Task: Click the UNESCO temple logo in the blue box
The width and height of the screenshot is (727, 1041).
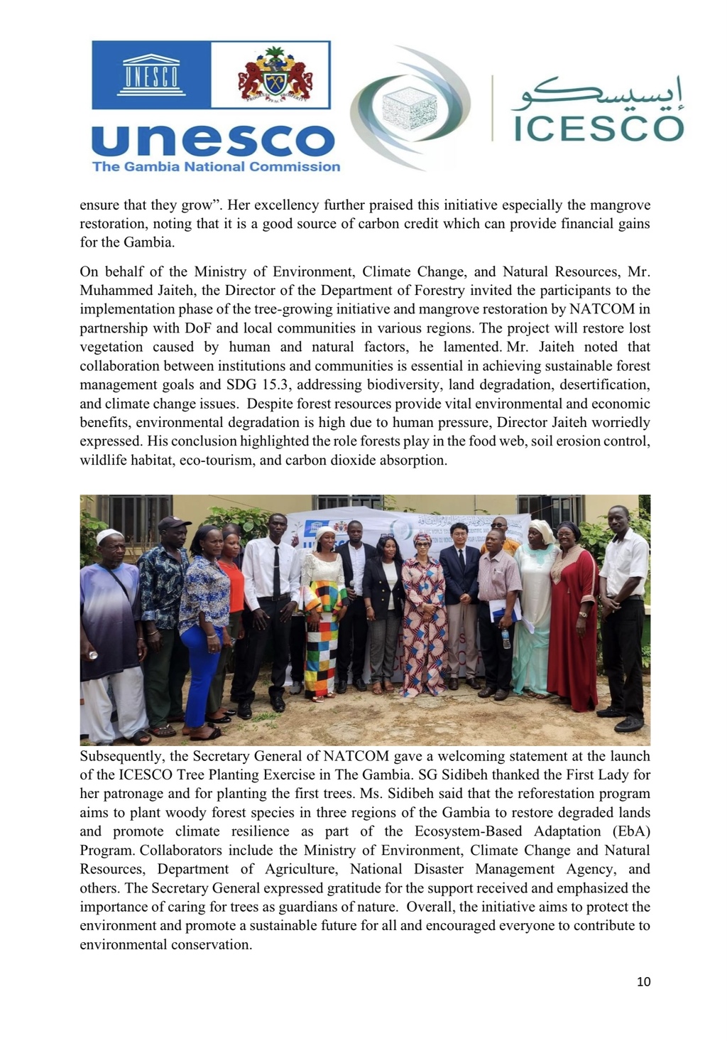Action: (151, 74)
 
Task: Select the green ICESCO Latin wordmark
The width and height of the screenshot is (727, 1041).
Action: (597, 128)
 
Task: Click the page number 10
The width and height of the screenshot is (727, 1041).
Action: (643, 982)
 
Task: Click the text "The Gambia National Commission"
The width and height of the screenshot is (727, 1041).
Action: (216, 167)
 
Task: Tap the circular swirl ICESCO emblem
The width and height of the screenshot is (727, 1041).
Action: (410, 107)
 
